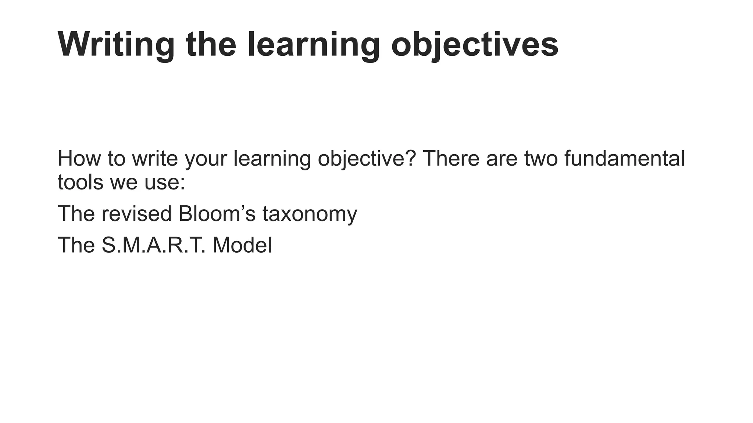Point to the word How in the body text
point(79,158)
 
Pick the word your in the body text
point(206,159)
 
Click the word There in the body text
point(451,158)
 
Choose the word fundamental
point(624,158)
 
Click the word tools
point(81,182)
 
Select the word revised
point(136,213)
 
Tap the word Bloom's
point(217,213)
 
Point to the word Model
point(242,245)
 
